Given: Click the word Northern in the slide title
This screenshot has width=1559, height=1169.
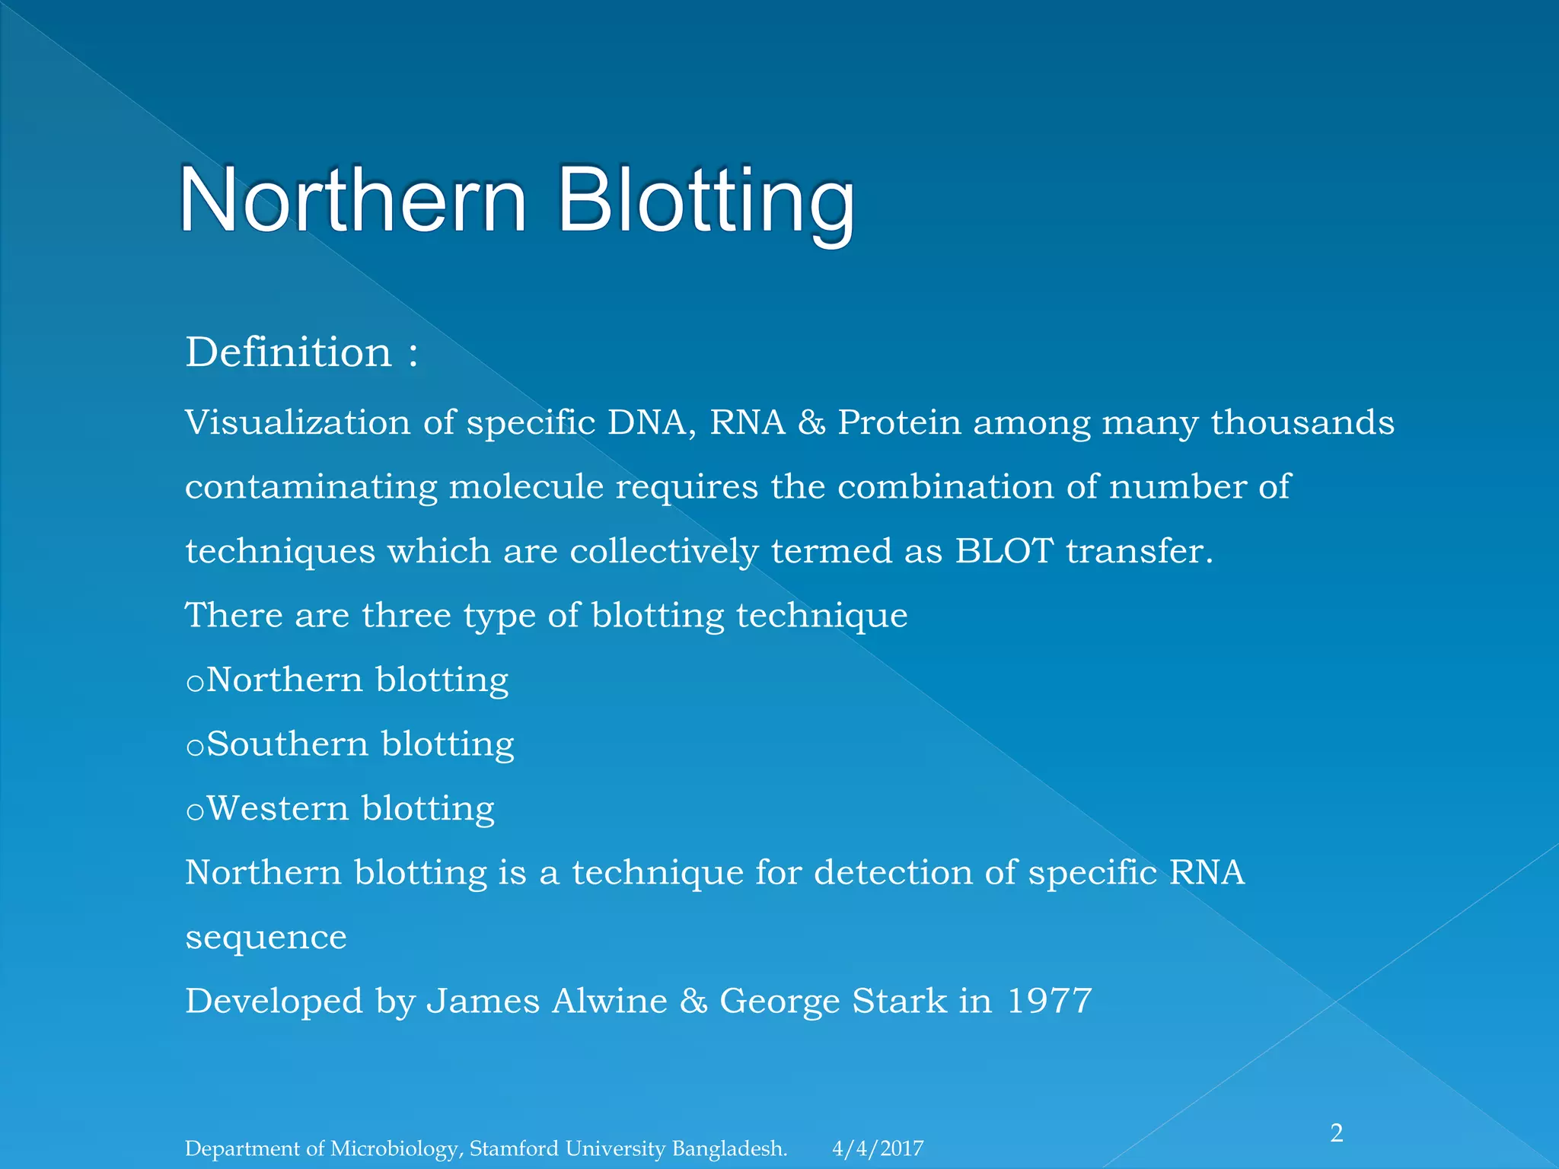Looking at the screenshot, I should point(352,202).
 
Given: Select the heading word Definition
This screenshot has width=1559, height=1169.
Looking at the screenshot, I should point(289,352).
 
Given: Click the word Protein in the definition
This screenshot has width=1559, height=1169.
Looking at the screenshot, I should point(899,422).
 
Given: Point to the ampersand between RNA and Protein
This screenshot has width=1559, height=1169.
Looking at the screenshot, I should point(811,423).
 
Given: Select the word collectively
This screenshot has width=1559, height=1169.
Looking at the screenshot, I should point(664,551).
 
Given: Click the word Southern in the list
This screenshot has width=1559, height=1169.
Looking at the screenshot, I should point(287,744).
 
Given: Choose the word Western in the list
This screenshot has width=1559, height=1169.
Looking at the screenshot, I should point(278,808).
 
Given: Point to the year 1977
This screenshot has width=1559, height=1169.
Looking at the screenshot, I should point(1049,1001).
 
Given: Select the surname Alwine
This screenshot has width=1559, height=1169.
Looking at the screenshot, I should point(609,1001).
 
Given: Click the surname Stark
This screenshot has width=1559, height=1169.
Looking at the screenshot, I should point(899,1001).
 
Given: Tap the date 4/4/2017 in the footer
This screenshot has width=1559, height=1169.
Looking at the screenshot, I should point(878,1148).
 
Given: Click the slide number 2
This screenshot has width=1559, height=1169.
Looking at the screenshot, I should point(1337,1133).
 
